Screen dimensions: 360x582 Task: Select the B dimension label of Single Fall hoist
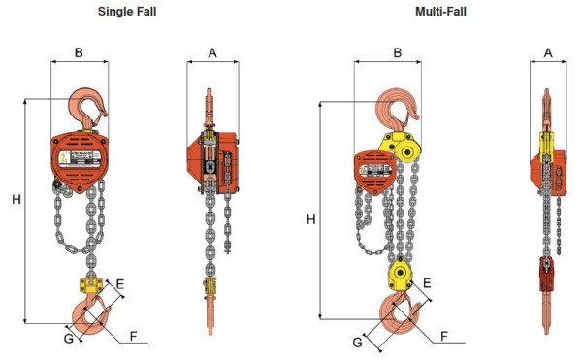pyautogui.click(x=79, y=52)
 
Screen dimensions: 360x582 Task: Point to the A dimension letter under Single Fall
pyautogui.click(x=211, y=52)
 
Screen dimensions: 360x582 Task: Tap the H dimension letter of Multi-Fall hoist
pyautogui.click(x=310, y=219)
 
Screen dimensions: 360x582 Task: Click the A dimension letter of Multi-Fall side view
pyautogui.click(x=547, y=52)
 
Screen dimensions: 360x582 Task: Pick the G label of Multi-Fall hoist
pyautogui.click(x=358, y=343)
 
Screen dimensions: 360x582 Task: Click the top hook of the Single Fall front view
pyautogui.click(x=88, y=105)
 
